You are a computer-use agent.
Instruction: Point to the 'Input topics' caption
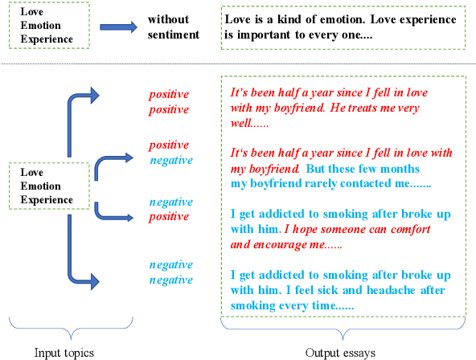click(x=64, y=352)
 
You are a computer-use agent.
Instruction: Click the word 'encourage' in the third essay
click(x=269, y=245)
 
